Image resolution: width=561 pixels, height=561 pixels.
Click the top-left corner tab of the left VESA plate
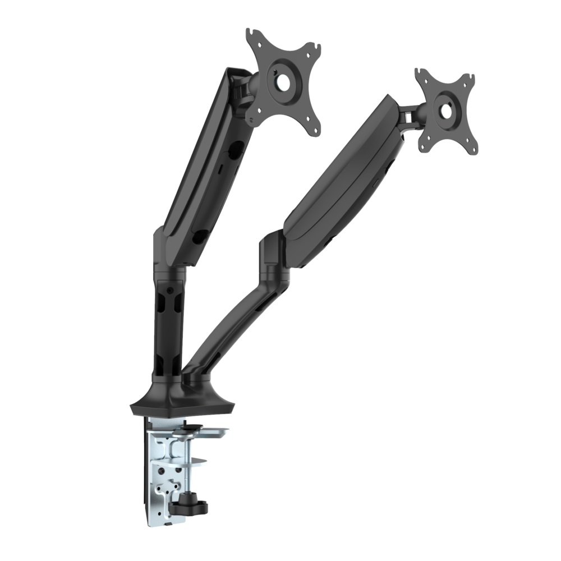(251, 35)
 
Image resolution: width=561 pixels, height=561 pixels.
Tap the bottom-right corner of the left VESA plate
(316, 130)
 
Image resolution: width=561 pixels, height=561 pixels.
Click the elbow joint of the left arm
(167, 247)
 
